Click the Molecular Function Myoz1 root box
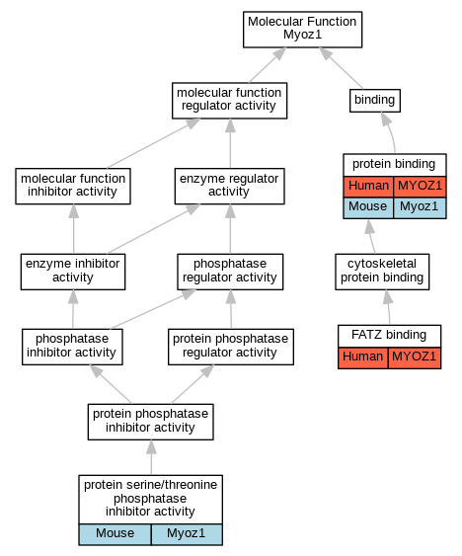click(x=302, y=30)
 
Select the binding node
click(x=375, y=101)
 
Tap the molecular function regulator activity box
click(x=229, y=101)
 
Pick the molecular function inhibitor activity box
click(x=73, y=187)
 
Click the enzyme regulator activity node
click(x=229, y=187)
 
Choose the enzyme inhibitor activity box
click(x=73, y=272)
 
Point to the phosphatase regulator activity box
click(x=230, y=272)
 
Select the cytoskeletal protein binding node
click(x=382, y=272)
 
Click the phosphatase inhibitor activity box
click(x=72, y=347)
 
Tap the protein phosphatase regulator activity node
click(x=231, y=347)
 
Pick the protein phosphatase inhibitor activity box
click(x=151, y=422)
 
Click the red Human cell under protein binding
click(x=368, y=187)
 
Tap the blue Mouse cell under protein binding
click(x=368, y=207)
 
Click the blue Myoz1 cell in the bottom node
click(x=187, y=534)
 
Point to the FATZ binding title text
click(x=389, y=335)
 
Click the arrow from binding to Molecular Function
click(x=342, y=68)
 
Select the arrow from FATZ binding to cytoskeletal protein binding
click(x=388, y=307)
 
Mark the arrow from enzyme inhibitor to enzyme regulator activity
click(x=154, y=229)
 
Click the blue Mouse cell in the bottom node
click(x=115, y=534)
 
